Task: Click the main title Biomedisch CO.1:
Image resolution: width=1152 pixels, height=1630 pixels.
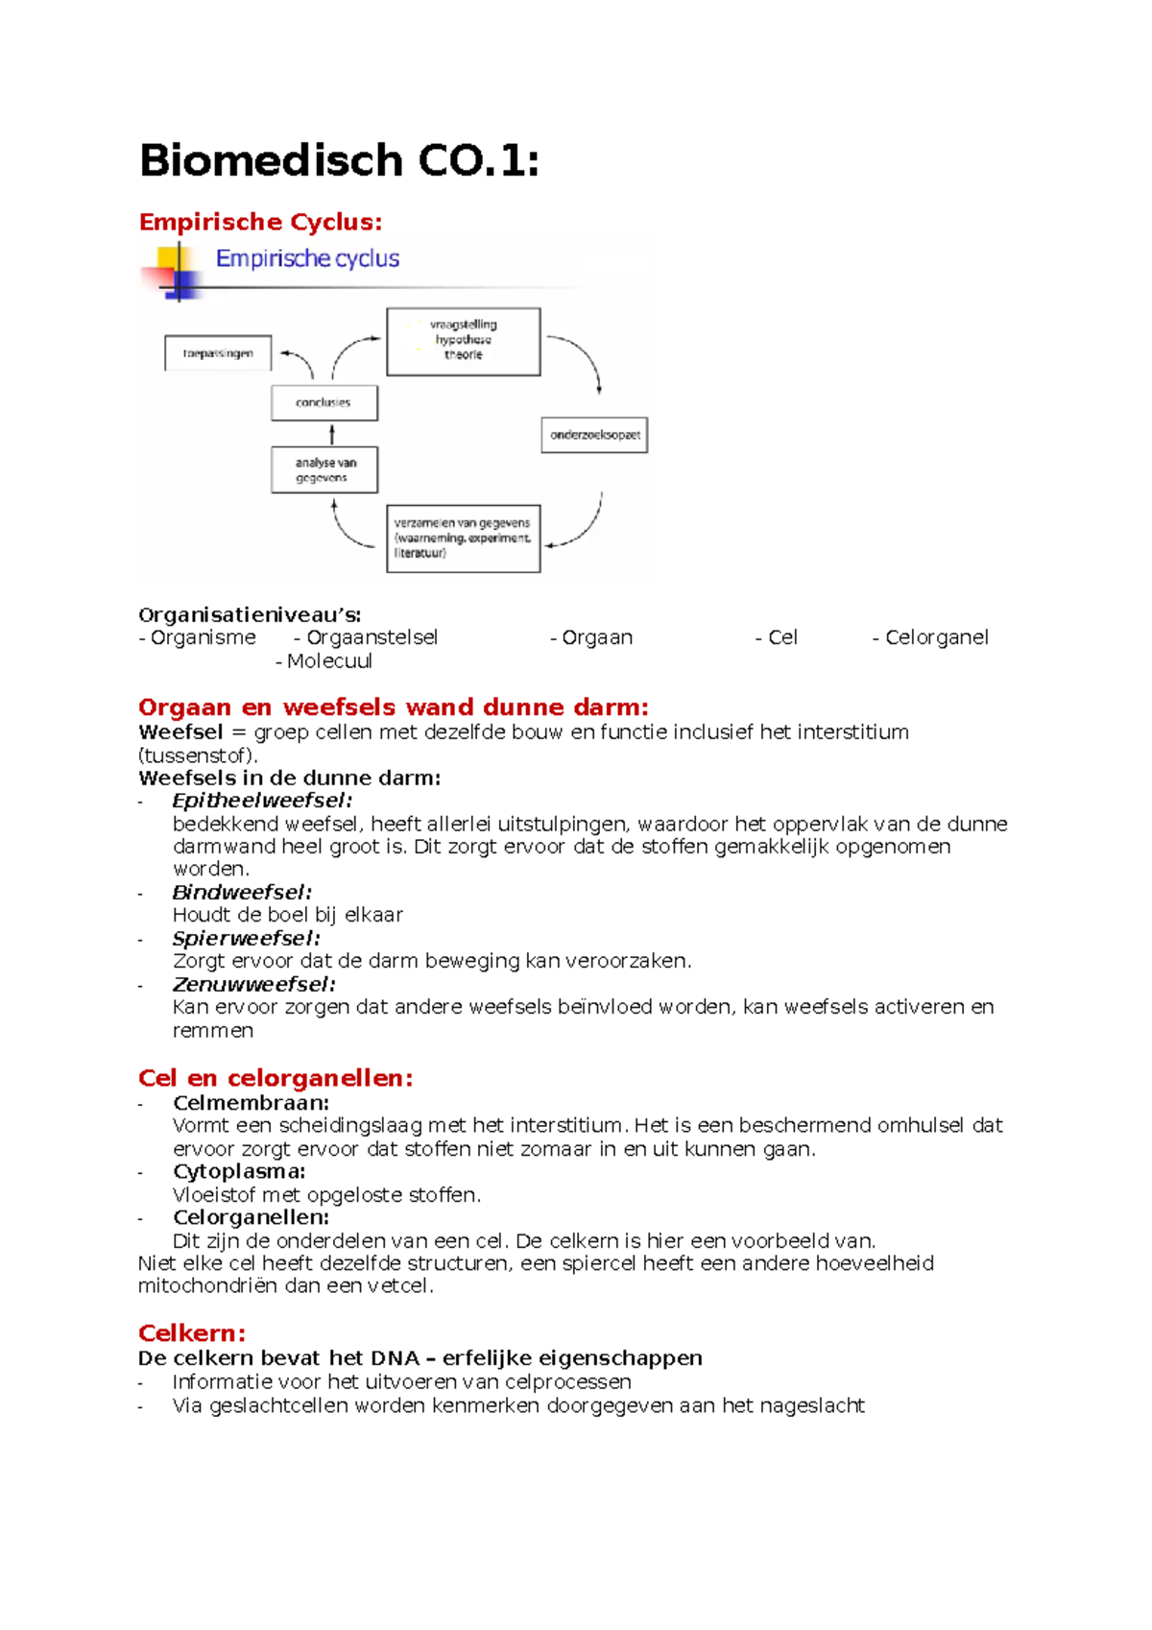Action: (339, 160)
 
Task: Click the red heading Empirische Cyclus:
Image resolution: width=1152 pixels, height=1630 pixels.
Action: (260, 222)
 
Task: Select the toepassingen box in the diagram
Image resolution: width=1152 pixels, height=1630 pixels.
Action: (218, 353)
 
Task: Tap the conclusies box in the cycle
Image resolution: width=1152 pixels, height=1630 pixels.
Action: (324, 403)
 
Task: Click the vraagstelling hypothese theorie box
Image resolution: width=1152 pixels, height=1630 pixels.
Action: (463, 341)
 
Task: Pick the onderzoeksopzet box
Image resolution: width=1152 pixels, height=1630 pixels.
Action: (594, 435)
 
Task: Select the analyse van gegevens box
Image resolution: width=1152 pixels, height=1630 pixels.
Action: (324, 470)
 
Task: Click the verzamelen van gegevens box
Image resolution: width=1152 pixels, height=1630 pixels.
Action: (463, 539)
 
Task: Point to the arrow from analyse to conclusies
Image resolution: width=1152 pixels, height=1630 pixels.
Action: (332, 435)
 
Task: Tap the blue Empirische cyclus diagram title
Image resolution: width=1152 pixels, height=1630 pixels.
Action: (307, 258)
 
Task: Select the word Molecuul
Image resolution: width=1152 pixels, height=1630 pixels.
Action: (329, 661)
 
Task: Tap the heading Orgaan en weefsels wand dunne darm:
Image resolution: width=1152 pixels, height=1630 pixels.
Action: (393, 707)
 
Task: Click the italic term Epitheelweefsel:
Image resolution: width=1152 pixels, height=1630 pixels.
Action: (262, 801)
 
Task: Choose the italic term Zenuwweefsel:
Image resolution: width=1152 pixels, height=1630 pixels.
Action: (253, 985)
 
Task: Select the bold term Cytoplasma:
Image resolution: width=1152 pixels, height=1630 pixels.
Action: (239, 1171)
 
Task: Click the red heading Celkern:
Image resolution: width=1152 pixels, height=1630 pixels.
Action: (192, 1333)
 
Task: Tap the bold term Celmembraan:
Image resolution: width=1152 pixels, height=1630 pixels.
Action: (251, 1103)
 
